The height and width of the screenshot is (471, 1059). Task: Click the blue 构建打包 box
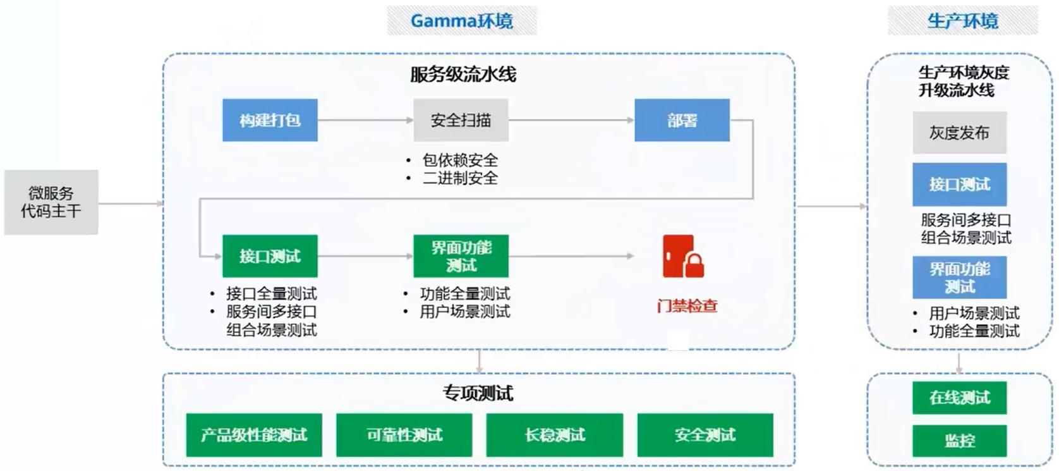270,120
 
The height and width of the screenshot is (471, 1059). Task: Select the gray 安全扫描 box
461,120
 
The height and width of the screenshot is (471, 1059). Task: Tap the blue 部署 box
682,120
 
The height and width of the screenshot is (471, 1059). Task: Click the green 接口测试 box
270,256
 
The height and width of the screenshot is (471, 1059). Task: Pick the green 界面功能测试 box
461,256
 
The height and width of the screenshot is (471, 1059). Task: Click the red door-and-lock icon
683,257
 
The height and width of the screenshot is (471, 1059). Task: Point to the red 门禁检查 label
687,306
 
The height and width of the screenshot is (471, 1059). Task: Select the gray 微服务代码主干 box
51,202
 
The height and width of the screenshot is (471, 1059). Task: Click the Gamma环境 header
462,21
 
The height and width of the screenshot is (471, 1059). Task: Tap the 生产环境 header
962,21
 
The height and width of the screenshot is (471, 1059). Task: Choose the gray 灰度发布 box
959,133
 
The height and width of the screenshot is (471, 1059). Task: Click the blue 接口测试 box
959,185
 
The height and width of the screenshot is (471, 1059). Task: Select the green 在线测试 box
959,398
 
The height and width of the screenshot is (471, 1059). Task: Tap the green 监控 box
959,441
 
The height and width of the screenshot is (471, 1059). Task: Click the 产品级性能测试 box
254,435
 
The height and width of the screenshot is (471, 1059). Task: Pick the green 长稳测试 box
555,435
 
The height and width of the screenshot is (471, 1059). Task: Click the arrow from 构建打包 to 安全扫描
365,120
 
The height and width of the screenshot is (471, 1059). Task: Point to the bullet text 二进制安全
460,178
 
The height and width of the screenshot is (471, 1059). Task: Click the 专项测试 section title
478,393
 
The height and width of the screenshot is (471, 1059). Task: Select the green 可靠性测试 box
404,435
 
